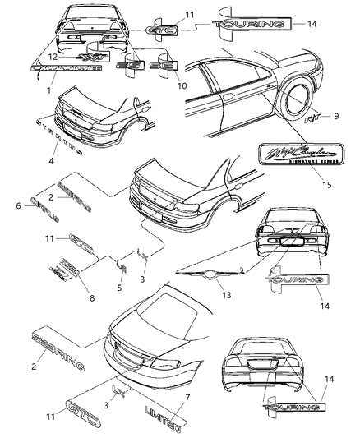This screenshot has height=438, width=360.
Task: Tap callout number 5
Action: [x=122, y=288]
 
